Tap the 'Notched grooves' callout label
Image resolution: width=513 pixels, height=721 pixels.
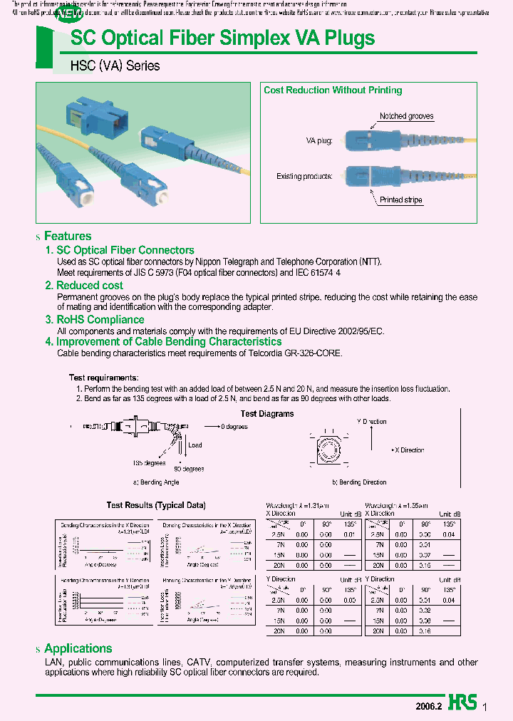[406, 116]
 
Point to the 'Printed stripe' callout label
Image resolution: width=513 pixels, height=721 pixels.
[401, 200]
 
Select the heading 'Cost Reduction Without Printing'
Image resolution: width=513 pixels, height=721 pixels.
[333, 90]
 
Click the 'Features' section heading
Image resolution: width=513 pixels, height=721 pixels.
[68, 236]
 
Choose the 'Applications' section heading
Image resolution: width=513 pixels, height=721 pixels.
[78, 648]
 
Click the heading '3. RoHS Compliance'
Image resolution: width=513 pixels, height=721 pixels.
[95, 320]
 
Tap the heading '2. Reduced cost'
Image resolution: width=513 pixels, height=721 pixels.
[84, 285]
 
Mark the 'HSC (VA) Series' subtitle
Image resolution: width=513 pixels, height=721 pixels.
[115, 66]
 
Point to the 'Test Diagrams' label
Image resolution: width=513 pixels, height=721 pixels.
[267, 414]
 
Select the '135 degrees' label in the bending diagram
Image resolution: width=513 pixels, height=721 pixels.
[148, 462]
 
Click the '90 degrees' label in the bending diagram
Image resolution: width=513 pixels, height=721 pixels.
[190, 469]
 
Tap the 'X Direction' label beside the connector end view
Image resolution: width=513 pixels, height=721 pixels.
[409, 450]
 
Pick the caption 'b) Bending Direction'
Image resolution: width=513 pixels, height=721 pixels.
[360, 482]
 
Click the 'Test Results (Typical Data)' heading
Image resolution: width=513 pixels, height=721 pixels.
[156, 505]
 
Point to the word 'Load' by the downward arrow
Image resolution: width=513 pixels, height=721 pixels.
[195, 445]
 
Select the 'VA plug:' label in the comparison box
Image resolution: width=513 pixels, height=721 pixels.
[318, 141]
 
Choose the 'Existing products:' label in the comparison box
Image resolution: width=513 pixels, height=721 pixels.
[304, 176]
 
